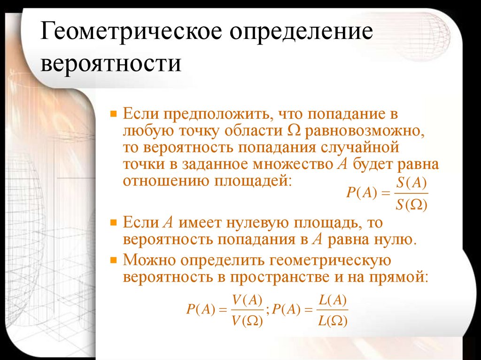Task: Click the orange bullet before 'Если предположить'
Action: [113, 114]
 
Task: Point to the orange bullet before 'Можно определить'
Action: [113, 259]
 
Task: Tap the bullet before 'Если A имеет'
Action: [113, 222]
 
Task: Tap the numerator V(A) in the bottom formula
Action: [247, 300]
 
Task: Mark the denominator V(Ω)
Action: [247, 322]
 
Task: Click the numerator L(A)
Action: [332, 300]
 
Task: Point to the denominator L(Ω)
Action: [332, 322]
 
